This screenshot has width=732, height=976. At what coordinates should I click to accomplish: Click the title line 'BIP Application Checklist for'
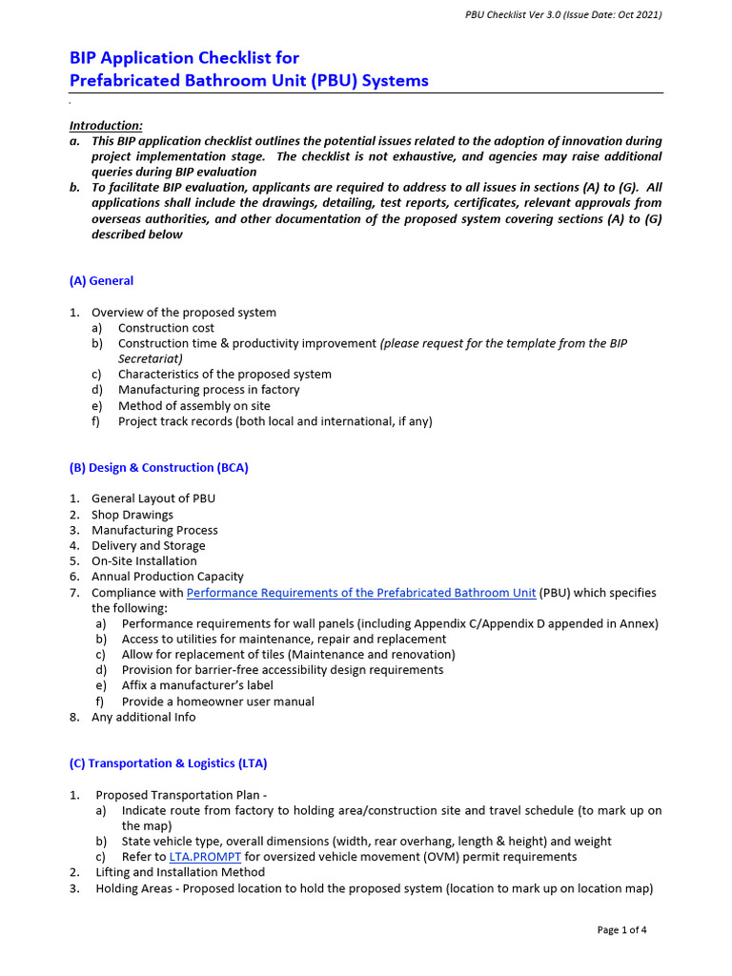pos(184,58)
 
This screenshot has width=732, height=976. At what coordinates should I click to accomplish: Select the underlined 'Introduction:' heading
pos(106,126)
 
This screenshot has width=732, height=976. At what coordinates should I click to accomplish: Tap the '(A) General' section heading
pos(101,281)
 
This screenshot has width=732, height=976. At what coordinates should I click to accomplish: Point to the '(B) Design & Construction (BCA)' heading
pos(158,468)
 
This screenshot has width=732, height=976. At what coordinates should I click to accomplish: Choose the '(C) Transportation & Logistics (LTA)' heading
pos(168,763)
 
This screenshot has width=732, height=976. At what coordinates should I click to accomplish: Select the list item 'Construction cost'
pos(166,328)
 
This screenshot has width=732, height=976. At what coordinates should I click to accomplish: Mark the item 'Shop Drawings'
pos(132,515)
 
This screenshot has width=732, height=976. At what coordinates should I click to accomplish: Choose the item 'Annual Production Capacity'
pos(168,577)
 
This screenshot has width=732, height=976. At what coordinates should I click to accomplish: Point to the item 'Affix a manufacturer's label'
pos(197,685)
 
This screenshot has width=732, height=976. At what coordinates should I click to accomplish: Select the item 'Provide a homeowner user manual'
pos(217,701)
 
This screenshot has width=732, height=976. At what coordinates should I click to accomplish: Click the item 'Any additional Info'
pos(143,717)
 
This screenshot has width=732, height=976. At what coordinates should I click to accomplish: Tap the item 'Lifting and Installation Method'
pos(180,872)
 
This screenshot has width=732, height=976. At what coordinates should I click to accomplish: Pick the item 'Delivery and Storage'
pos(149,546)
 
